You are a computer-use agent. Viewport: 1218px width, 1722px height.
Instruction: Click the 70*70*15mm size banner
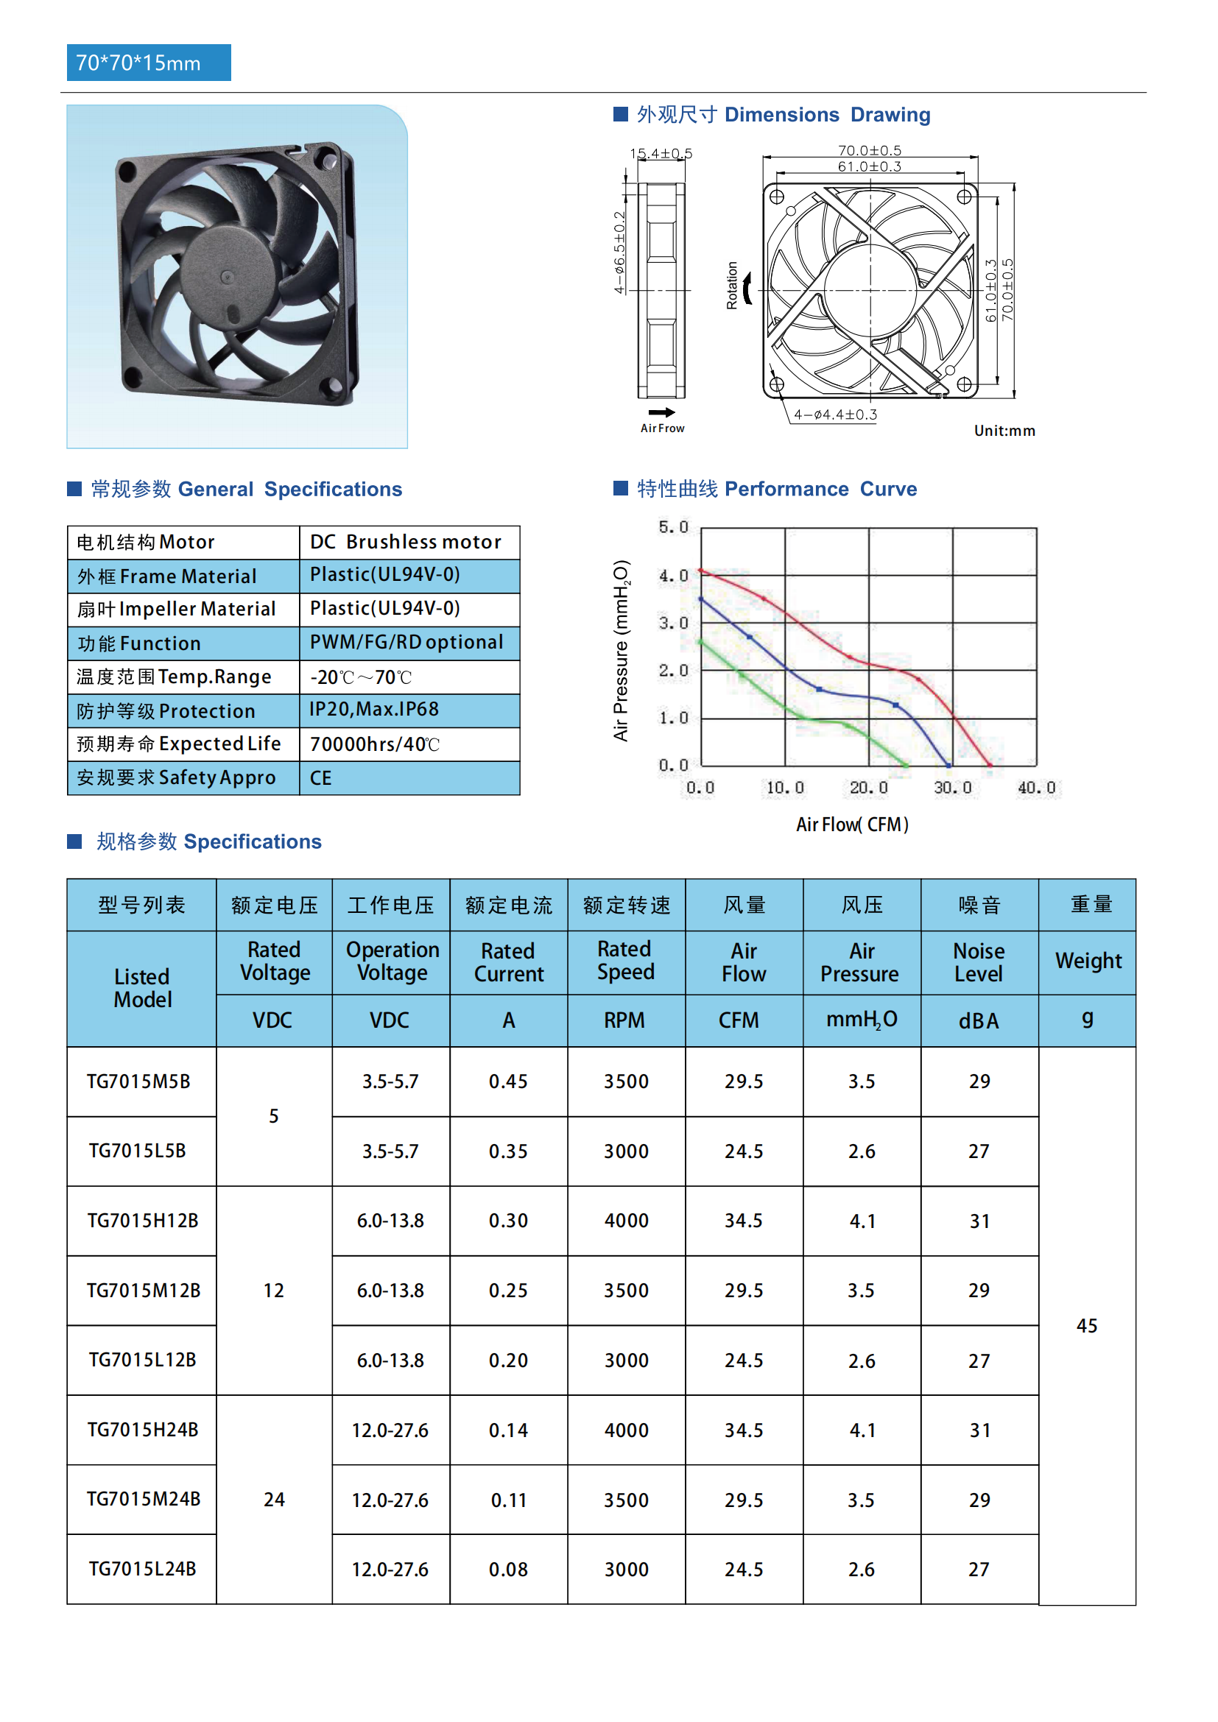(149, 63)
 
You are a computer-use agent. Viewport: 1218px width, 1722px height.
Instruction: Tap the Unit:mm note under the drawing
(1004, 431)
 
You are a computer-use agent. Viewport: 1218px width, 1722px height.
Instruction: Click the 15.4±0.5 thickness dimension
(660, 154)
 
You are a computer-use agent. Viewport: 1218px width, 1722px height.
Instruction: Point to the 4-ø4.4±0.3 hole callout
(835, 414)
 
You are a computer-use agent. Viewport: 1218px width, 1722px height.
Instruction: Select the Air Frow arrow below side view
(661, 412)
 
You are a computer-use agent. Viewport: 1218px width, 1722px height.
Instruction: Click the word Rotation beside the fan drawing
(732, 286)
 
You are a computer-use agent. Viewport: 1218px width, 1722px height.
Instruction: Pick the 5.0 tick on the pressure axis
(673, 527)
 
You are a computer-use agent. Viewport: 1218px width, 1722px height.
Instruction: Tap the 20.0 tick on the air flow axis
(867, 788)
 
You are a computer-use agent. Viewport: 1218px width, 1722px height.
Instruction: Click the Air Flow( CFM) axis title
(852, 825)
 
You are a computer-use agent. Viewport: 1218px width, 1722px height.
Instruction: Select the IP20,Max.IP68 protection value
(374, 710)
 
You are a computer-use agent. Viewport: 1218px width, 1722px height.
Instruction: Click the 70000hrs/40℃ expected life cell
(374, 744)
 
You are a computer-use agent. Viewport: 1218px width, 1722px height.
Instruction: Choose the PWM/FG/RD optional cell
(406, 643)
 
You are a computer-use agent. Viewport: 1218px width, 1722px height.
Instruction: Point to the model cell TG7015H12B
(143, 1221)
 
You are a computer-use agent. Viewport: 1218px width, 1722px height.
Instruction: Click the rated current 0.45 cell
(508, 1081)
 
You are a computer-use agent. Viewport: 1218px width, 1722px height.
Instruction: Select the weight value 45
(1086, 1326)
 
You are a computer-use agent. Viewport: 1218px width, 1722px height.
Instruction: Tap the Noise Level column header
(979, 962)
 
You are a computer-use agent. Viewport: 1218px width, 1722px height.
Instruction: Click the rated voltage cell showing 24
(274, 1500)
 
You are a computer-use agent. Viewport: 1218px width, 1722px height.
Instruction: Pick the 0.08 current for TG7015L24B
(508, 1570)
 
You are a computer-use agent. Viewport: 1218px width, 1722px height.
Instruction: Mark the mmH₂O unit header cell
(861, 1020)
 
